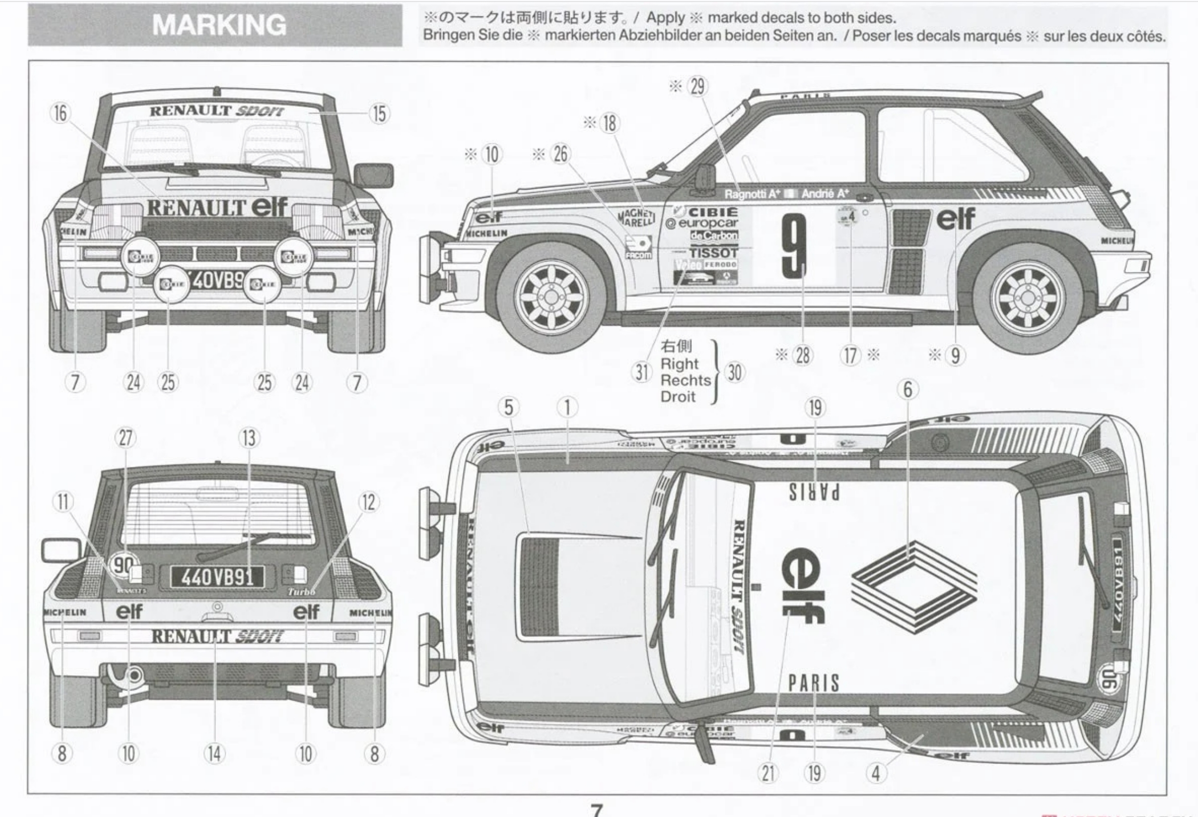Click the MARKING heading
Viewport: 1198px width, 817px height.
(x=219, y=25)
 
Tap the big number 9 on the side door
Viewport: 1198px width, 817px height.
(x=794, y=246)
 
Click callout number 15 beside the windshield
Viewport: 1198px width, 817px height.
(x=379, y=114)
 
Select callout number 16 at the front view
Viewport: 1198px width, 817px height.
(x=60, y=113)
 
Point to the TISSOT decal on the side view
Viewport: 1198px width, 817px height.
(x=714, y=253)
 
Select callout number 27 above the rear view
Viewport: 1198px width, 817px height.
(x=126, y=438)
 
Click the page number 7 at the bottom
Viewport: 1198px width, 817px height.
(x=597, y=809)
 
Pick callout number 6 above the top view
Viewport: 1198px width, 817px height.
(x=907, y=389)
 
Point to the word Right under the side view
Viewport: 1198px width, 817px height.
(x=679, y=364)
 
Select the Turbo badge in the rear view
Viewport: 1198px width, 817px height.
(x=302, y=592)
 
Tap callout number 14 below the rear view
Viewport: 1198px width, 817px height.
(x=215, y=753)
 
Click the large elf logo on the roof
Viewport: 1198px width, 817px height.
(x=803, y=587)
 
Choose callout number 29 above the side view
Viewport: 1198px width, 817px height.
(x=698, y=87)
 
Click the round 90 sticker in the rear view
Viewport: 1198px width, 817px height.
(x=123, y=566)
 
